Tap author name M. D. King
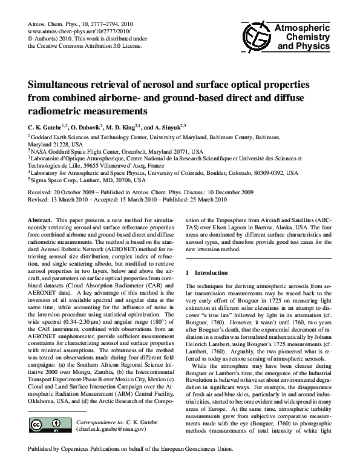(x=124, y=128)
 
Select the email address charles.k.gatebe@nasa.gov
(x=111, y=429)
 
